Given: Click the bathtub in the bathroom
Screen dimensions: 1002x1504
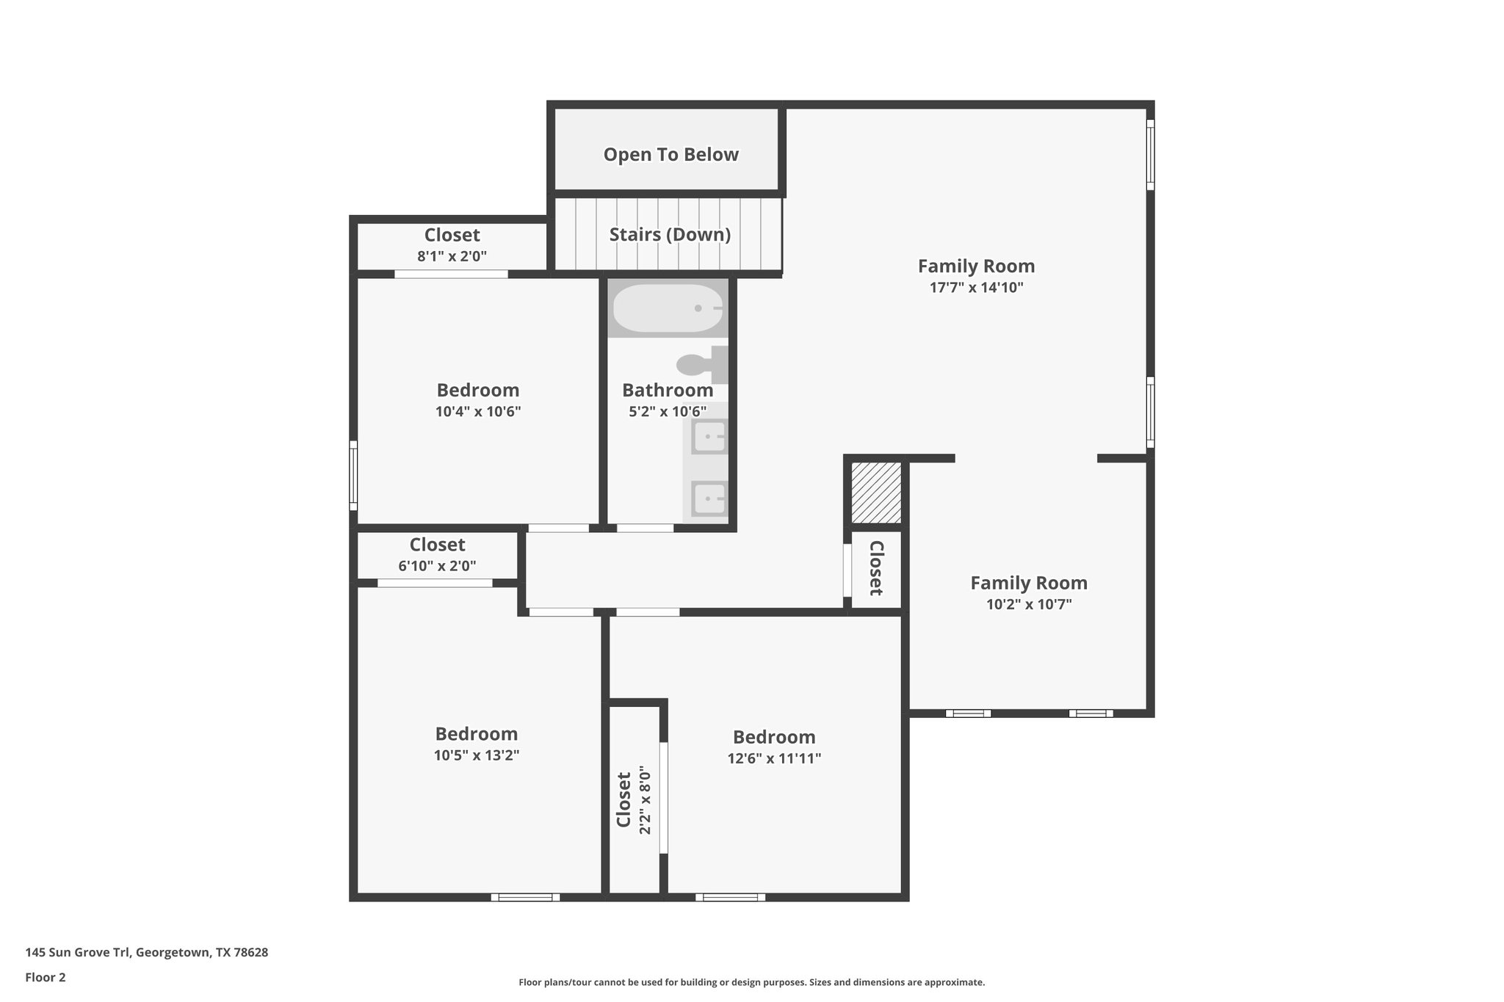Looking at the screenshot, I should pos(668,308).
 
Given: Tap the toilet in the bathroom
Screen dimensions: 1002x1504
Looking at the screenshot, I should pos(698,365).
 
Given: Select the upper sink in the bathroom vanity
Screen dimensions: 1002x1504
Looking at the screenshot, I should pos(709,438).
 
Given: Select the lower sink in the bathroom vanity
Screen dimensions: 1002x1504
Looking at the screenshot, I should pos(709,500).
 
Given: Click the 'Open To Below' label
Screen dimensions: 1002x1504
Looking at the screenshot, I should pos(670,155).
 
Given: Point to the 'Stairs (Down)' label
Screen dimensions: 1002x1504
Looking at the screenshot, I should pos(670,235).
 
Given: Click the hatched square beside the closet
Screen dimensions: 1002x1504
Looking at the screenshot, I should pos(875,493).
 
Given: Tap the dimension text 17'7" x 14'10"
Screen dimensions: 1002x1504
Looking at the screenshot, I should pos(976,288).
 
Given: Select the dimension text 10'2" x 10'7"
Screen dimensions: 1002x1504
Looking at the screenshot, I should pos(1028,605).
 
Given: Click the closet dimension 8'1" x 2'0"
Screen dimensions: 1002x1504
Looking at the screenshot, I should pos(452,256).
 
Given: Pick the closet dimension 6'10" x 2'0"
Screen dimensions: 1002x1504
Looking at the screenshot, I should pos(437,566).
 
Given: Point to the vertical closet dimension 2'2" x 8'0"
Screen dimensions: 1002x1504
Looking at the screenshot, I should pos(646,800).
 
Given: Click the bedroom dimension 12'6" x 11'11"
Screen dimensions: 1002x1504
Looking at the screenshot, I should pos(774,758).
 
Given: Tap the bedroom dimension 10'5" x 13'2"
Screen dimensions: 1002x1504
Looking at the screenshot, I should pos(477,755).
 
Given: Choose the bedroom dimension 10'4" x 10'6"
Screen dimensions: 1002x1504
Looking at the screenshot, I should pos(478,412).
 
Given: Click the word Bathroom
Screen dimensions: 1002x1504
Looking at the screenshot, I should pos(668,391).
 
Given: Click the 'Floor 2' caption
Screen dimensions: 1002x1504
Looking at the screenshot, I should pos(46,977).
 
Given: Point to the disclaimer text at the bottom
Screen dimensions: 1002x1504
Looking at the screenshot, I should pos(751,982).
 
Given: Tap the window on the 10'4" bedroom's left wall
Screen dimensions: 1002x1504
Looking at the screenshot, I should pos(353,475).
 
